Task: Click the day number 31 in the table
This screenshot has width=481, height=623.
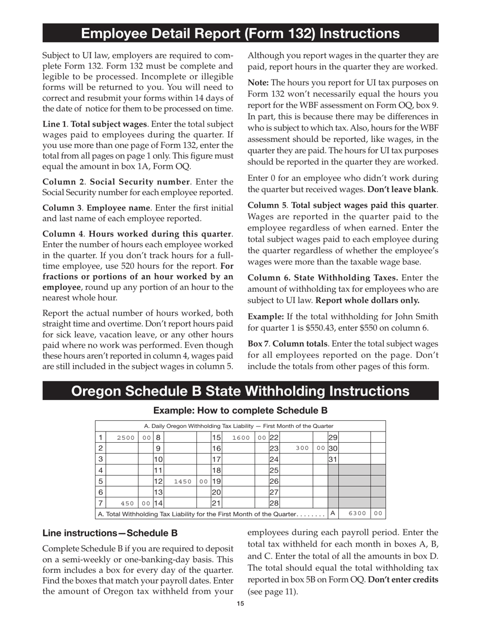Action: pyautogui.click(x=333, y=459)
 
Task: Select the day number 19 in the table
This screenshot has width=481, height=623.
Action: pyautogui.click(x=216, y=481)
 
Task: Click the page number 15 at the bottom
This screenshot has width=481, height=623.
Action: pyautogui.click(x=240, y=603)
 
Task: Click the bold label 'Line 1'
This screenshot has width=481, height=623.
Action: pyautogui.click(x=54, y=124)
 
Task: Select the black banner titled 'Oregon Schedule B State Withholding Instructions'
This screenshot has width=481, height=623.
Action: pyautogui.click(x=240, y=391)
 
